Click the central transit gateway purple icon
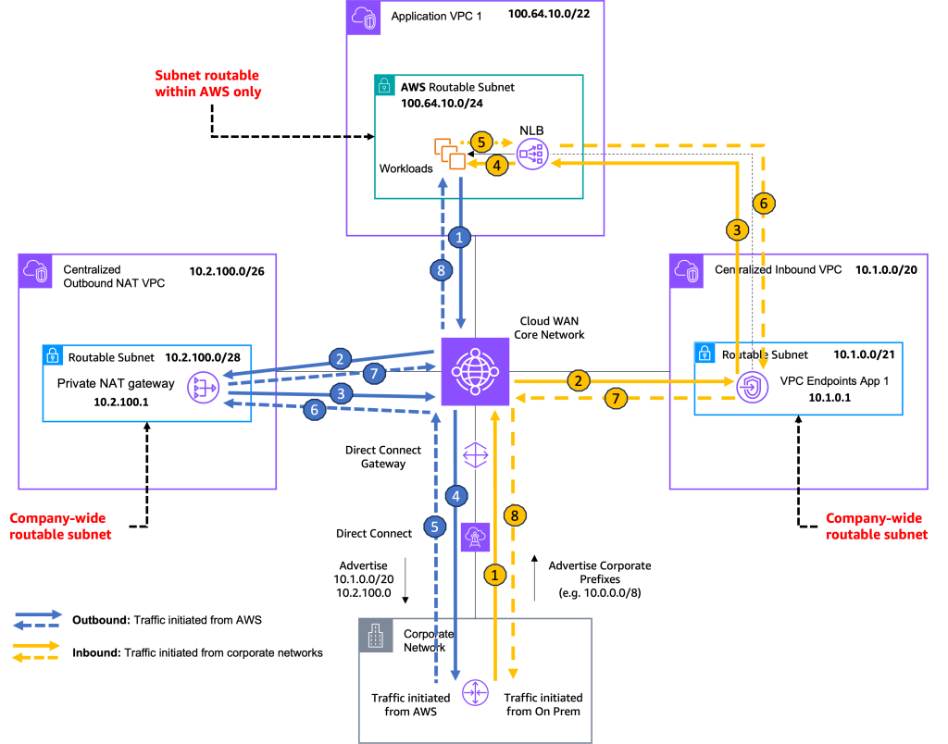[474, 371]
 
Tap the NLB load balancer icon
[533, 155]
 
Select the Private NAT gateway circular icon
[202, 389]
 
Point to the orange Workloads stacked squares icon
[450, 153]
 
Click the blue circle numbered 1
[460, 238]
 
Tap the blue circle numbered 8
[443, 270]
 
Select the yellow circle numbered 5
[481, 142]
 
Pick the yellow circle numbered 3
[737, 230]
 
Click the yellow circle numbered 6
[764, 203]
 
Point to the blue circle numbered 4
[455, 495]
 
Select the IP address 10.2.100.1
[121, 403]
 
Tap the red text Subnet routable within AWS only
[207, 82]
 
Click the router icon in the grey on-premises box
[475, 691]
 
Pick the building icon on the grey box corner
[376, 636]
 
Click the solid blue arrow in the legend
[38, 614]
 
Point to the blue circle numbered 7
[374, 374]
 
